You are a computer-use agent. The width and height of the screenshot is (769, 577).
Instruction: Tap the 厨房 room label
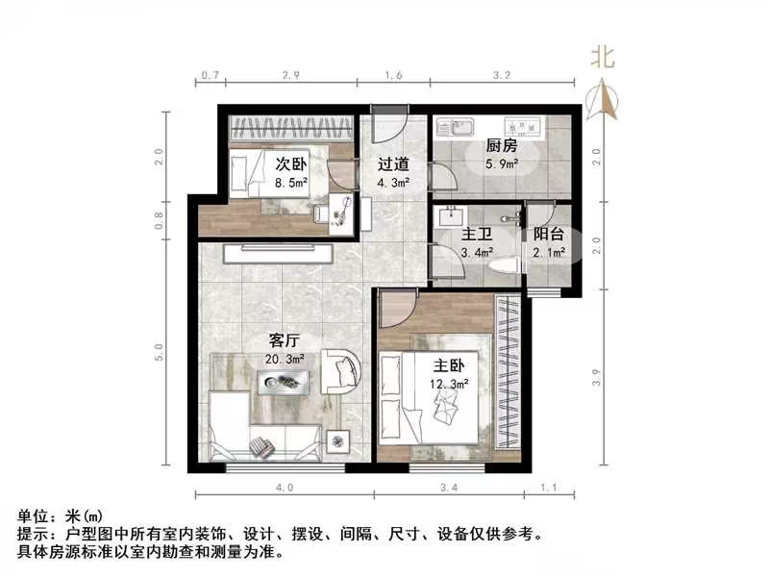pos(502,146)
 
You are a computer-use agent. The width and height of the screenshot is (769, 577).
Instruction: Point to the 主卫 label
pos(474,234)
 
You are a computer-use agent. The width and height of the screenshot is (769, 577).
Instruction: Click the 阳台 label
pos(550,234)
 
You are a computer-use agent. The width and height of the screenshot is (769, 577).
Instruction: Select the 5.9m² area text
pos(502,164)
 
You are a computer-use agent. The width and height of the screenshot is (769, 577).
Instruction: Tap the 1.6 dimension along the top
pos(394,74)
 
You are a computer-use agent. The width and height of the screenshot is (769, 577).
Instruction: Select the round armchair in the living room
pos(340,370)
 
